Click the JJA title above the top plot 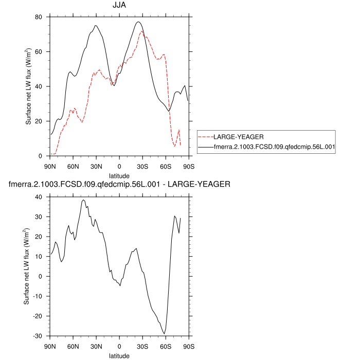119,6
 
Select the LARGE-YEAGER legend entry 239,137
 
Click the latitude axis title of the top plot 119,175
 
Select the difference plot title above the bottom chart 119,184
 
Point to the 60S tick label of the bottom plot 165,346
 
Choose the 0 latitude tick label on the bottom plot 119,346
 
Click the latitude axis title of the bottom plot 119,355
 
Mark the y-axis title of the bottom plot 28,266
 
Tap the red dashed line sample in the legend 206,137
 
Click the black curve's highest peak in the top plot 138,22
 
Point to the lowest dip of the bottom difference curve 164,334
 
